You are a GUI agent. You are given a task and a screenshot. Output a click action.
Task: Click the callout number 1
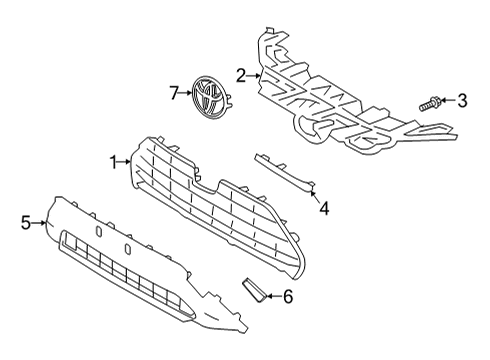114,160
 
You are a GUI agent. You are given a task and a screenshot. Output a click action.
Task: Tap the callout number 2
241,74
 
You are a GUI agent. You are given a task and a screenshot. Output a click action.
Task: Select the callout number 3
462,100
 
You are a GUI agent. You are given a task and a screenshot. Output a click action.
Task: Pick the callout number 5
26,222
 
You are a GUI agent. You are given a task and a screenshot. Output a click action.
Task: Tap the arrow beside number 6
273,295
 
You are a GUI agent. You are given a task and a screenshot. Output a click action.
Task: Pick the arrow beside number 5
40,222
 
